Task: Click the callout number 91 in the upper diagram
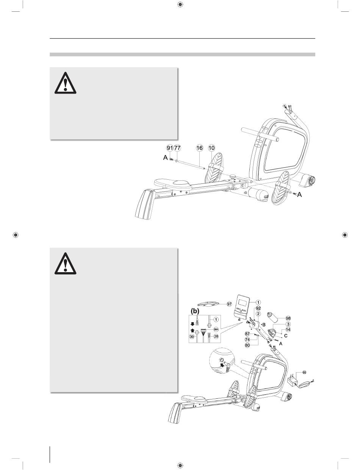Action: [x=170, y=148]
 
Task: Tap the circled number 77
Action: [x=177, y=148]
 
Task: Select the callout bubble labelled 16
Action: [x=200, y=148]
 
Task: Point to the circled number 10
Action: [x=212, y=148]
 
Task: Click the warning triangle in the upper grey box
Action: [x=65, y=83]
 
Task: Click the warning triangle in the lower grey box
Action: [x=65, y=263]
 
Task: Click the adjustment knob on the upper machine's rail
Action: [x=233, y=177]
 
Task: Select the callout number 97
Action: [x=229, y=304]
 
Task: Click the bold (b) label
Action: [x=195, y=311]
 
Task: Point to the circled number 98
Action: [x=288, y=318]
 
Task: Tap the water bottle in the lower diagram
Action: [x=272, y=317]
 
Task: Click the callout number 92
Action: [x=258, y=308]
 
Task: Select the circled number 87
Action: [x=247, y=334]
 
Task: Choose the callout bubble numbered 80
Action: [x=247, y=345]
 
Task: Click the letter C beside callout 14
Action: [x=286, y=336]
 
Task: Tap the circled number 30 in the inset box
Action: [x=192, y=337]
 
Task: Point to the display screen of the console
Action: [x=243, y=301]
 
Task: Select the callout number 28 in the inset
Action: [x=216, y=336]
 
